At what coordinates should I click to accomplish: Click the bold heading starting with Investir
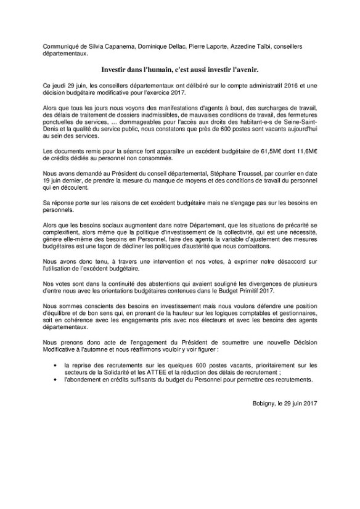[179, 71]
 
